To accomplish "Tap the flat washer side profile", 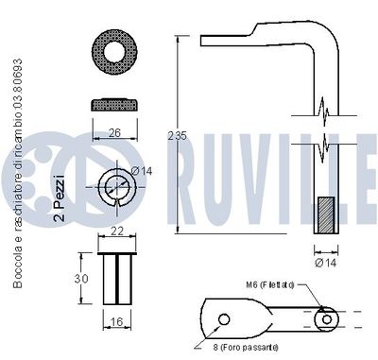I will pos(113,105).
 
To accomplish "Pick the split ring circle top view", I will pos(114,185).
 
